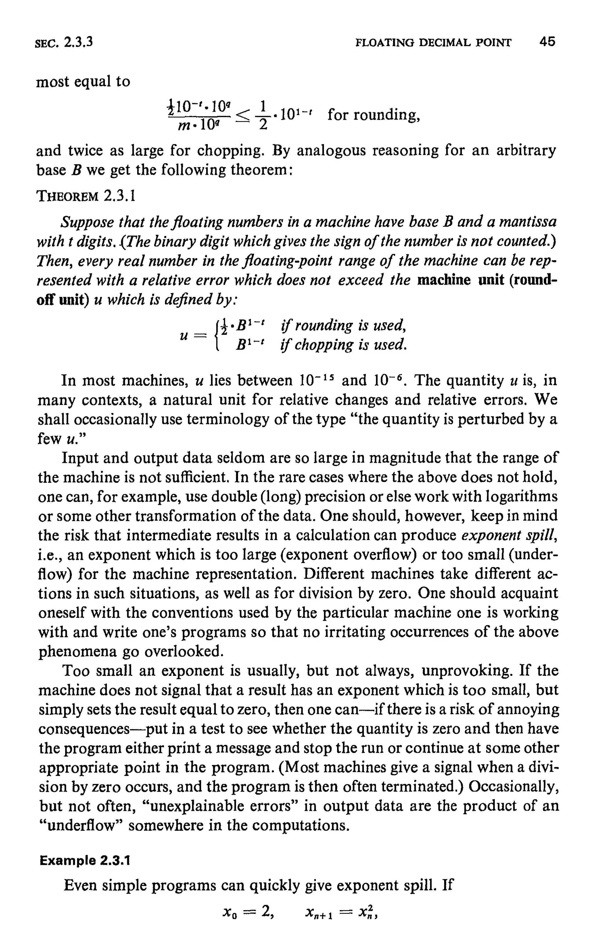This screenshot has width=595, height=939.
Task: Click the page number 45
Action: point(547,42)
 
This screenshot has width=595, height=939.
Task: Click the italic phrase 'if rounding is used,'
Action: point(344,325)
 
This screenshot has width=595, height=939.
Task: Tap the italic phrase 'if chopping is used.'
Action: point(344,344)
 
